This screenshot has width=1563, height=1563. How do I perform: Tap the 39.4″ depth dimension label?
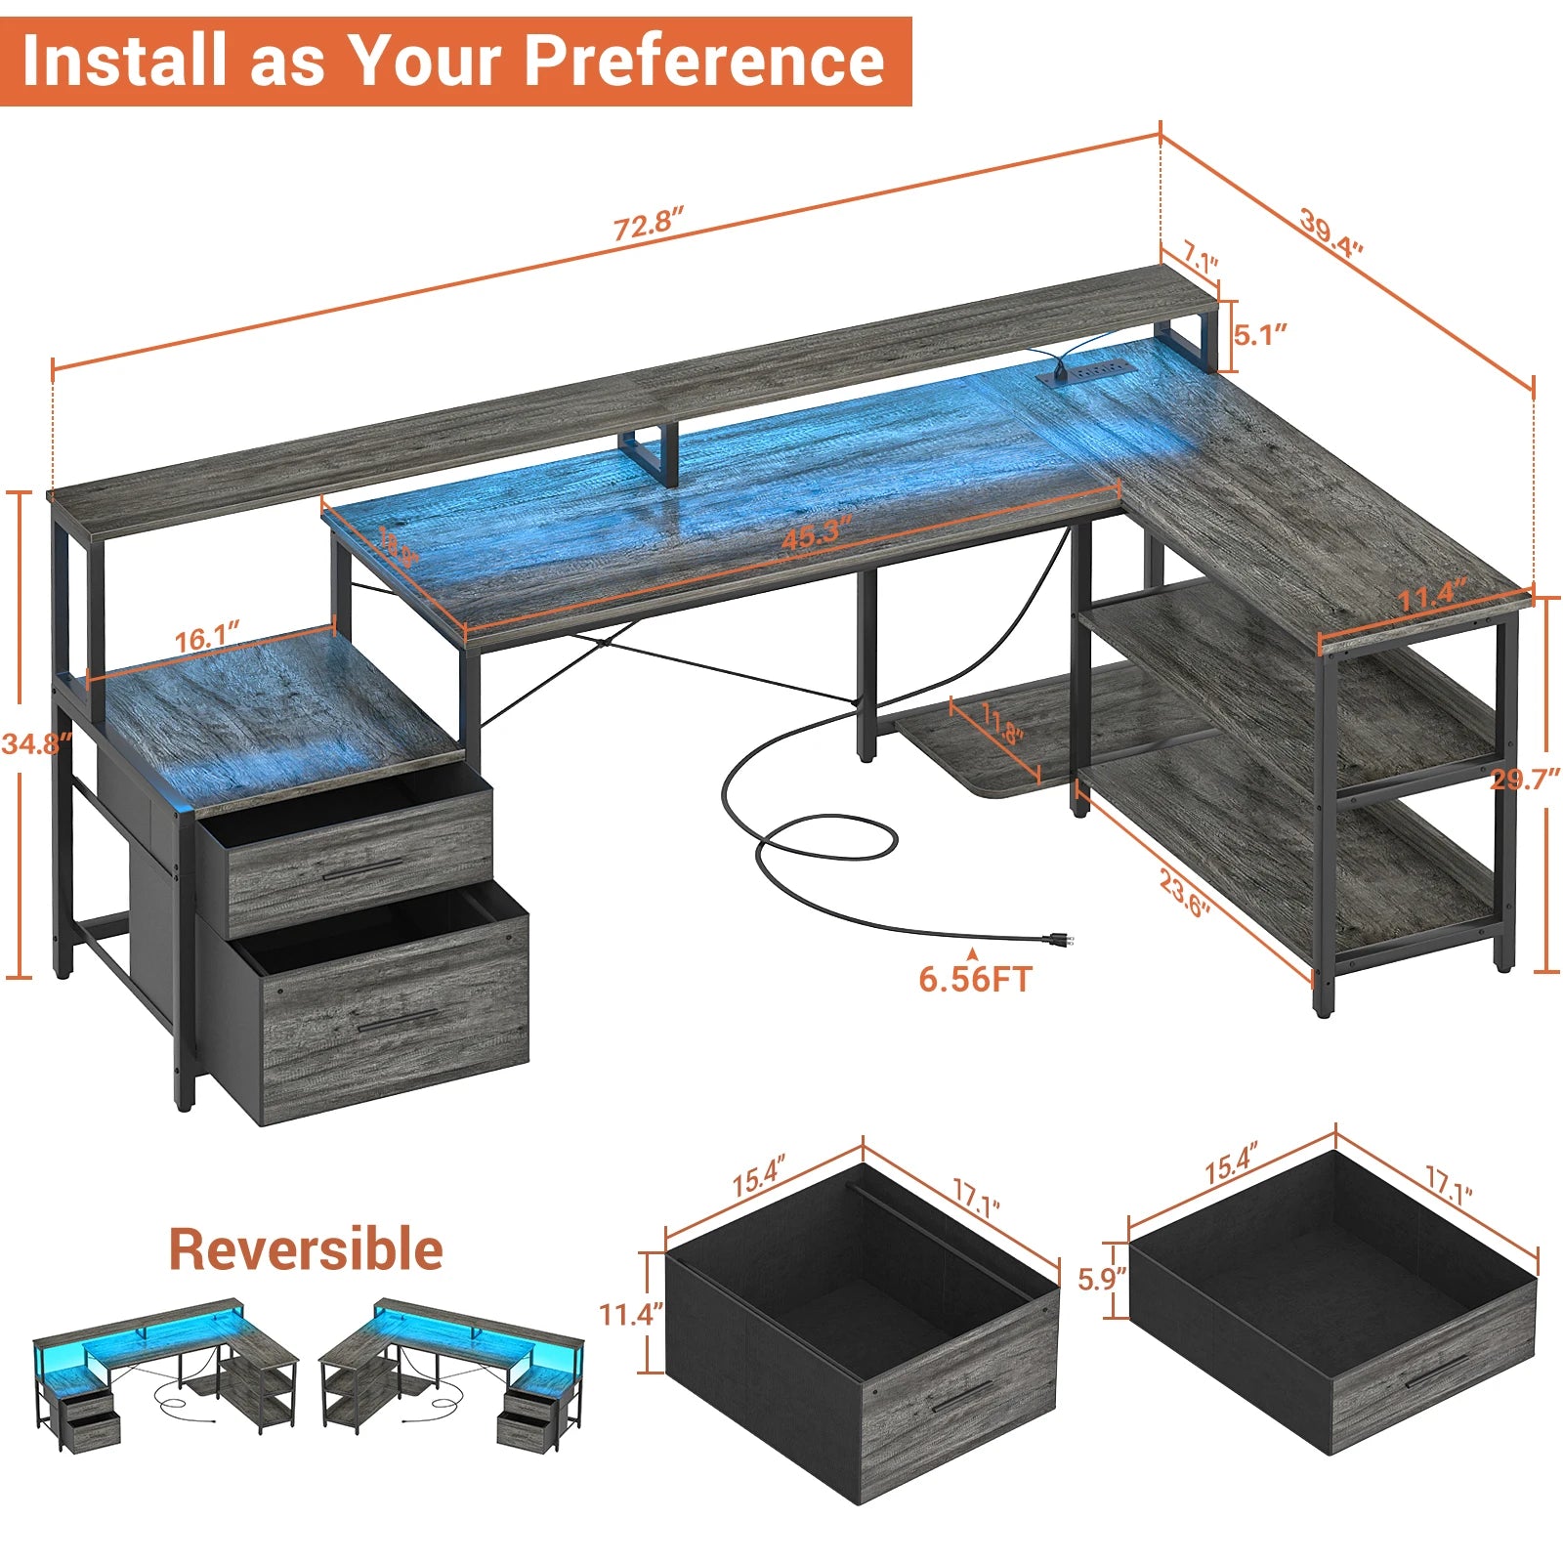[1331, 233]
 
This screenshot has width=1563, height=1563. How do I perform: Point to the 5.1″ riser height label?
[1260, 335]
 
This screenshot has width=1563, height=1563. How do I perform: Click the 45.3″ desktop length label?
[817, 533]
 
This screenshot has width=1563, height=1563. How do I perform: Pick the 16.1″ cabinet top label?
[207, 639]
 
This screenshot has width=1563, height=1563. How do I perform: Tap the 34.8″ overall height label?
[36, 743]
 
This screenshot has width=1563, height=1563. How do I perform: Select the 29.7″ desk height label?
[1525, 779]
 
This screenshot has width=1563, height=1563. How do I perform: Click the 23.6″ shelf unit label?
[1185, 894]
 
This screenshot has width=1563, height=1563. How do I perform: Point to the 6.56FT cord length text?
[974, 979]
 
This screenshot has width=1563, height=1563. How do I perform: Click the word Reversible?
[306, 1249]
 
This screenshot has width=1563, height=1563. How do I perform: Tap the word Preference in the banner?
[704, 61]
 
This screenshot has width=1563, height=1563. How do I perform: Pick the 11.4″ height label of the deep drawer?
[631, 1314]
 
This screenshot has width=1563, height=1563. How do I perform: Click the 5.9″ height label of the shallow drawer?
[1102, 1278]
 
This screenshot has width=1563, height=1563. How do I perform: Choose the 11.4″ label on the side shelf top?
[1432, 596]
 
